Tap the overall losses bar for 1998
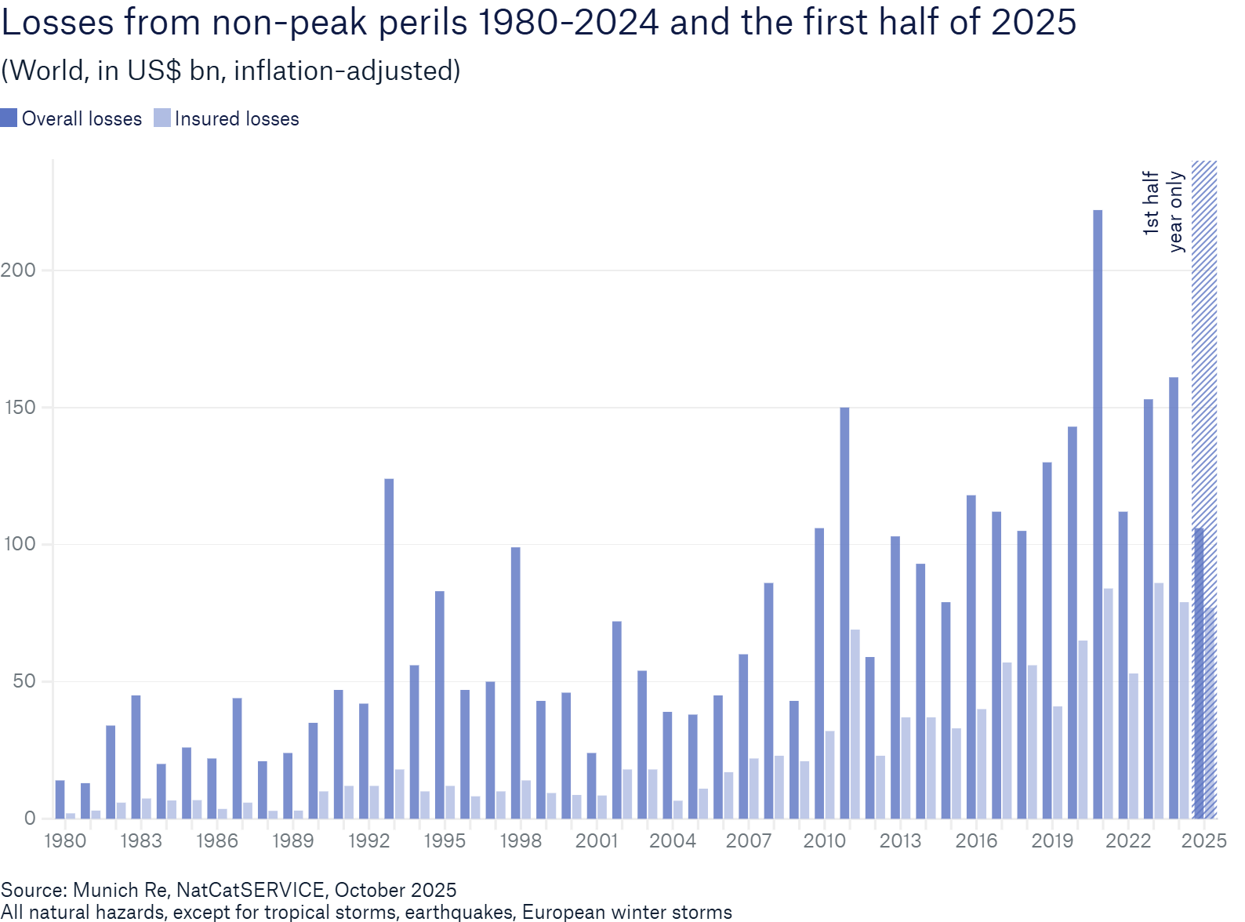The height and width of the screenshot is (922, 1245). click(516, 682)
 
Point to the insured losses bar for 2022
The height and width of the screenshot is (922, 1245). click(1134, 745)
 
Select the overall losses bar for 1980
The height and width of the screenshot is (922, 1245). click(60, 799)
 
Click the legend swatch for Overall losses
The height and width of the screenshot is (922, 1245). click(9, 118)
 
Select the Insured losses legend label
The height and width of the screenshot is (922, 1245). click(237, 119)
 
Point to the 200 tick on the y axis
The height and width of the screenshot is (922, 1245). click(19, 270)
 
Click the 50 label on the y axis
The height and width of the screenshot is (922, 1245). click(24, 681)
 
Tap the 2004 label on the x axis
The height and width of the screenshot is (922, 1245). click(673, 841)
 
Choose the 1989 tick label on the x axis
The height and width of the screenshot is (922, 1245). click(292, 841)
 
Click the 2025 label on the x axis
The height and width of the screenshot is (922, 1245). click(1204, 841)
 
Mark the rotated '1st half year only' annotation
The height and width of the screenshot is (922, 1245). click(1163, 210)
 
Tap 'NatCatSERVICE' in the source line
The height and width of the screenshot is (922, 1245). click(250, 890)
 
